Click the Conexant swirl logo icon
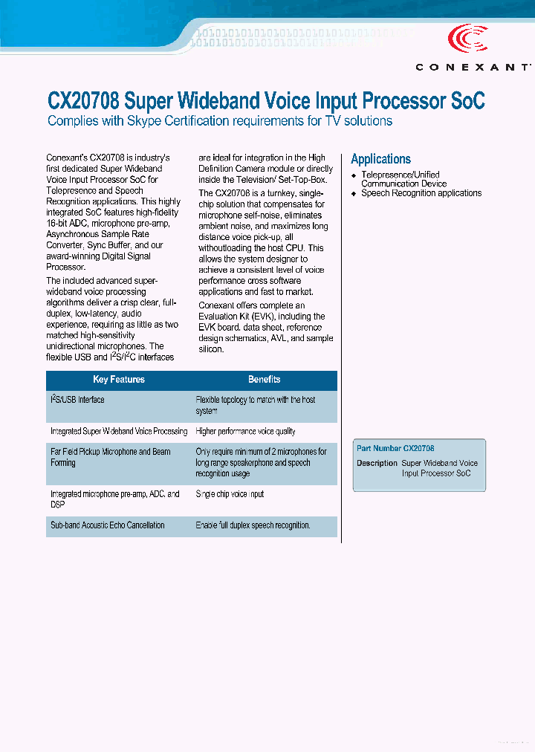467,39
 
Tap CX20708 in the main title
82,101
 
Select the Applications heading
380,159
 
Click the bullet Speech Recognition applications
421,193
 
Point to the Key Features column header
119,380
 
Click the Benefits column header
264,380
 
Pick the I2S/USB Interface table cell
77,400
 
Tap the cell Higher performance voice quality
245,431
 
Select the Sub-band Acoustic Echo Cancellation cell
108,525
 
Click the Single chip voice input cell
230,494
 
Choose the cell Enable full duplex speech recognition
253,525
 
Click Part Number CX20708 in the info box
395,449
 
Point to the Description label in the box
377,463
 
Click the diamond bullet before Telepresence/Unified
354,175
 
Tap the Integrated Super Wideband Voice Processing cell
119,431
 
